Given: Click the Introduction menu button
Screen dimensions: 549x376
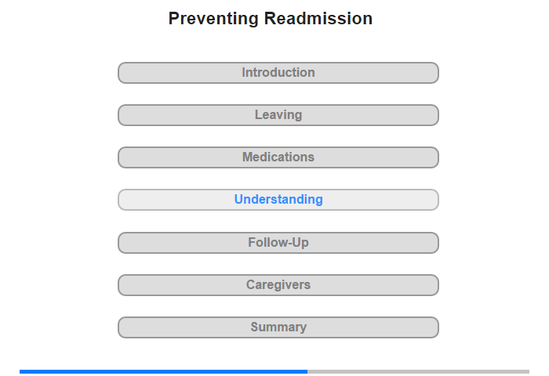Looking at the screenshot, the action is click(x=278, y=73).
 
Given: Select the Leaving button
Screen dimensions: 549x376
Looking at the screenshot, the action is click(x=278, y=115).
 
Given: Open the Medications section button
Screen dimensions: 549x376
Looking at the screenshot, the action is click(x=278, y=157).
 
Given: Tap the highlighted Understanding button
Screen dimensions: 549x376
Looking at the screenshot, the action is click(x=278, y=200).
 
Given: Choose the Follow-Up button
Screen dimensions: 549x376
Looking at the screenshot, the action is click(x=278, y=243).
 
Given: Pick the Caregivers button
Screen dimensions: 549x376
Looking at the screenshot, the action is click(x=278, y=285).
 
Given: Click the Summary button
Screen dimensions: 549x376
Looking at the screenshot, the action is click(x=278, y=327).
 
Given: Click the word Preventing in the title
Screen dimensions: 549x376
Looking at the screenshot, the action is click(x=213, y=19).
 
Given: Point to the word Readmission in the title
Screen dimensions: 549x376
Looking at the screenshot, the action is click(x=318, y=18).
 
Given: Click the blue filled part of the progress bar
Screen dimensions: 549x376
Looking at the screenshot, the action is click(x=163, y=371).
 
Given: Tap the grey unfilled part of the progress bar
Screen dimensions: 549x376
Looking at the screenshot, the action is click(x=418, y=371).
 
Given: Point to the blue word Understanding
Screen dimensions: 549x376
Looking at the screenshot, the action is click(x=278, y=200).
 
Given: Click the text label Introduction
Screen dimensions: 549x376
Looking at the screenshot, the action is click(x=278, y=72).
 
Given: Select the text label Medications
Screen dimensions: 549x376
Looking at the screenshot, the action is click(x=278, y=157).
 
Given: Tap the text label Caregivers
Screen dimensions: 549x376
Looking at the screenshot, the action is click(x=278, y=284).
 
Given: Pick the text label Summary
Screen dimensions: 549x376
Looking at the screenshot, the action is click(x=278, y=327).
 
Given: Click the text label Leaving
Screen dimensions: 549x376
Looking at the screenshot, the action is click(x=278, y=115).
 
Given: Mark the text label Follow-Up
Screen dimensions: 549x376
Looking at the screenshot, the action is click(x=278, y=242).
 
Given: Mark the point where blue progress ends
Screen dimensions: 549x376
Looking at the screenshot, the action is click(x=307, y=371).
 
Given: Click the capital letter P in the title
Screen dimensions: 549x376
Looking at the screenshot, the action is click(x=174, y=18).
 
